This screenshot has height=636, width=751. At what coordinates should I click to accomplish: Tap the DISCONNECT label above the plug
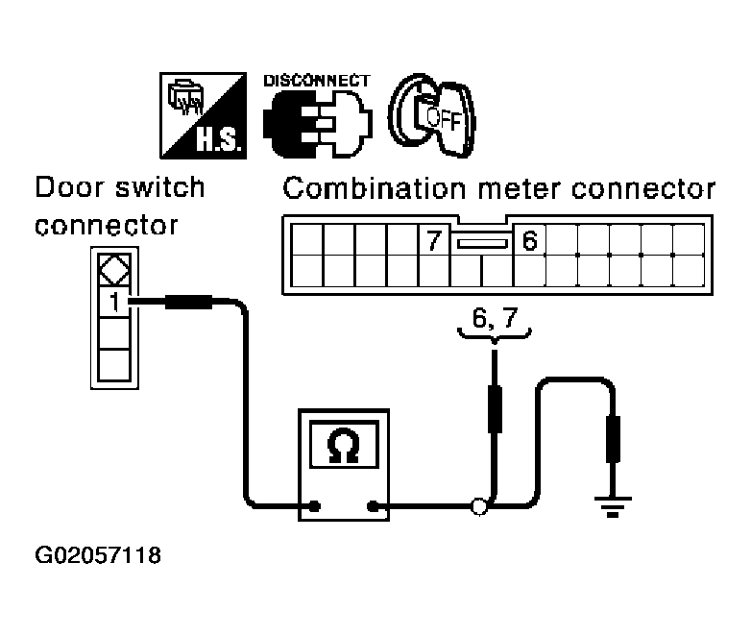(316, 81)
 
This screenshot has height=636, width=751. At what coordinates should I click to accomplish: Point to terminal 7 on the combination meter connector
(434, 241)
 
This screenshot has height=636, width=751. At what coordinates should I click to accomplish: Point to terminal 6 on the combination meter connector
(529, 241)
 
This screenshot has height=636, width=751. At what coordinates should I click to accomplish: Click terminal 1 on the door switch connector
(113, 304)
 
